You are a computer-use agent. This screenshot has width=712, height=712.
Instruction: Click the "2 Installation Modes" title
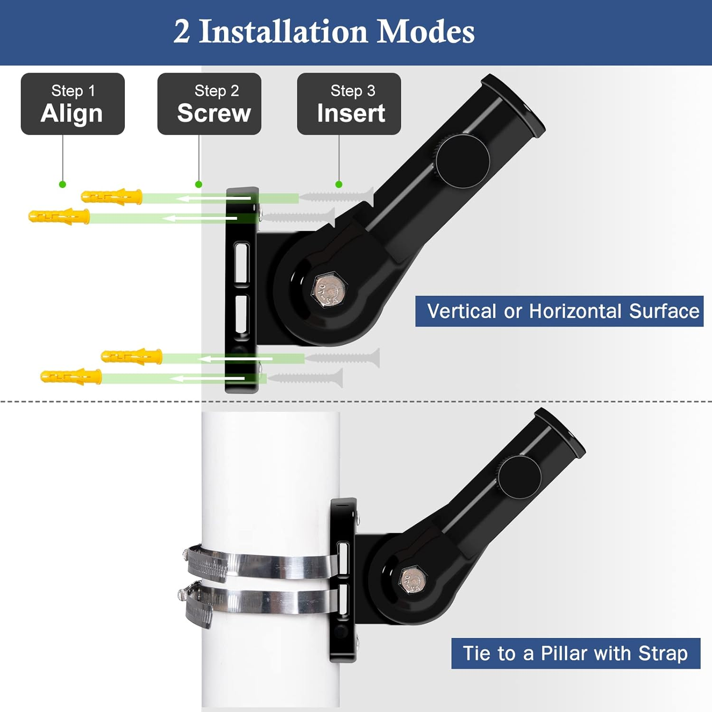coord(324,32)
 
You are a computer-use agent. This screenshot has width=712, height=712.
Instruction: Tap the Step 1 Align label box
coord(73,104)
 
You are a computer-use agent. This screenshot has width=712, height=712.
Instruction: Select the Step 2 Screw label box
coord(209,104)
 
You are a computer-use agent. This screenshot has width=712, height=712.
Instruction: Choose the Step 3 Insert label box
coord(349,104)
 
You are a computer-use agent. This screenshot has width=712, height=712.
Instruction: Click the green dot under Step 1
coord(62,184)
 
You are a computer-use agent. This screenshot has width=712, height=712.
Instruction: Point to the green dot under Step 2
coord(198,184)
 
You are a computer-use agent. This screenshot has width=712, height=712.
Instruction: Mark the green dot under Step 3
coord(338,184)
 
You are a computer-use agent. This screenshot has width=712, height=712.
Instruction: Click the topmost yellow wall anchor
coord(112,196)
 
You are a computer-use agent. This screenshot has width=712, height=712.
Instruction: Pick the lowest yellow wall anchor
coord(71,377)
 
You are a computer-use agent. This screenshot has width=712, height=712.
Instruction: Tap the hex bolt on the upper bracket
coord(329,290)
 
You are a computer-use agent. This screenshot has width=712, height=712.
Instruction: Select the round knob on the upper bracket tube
coord(462,160)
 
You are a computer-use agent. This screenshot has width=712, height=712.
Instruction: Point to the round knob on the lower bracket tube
coord(520,477)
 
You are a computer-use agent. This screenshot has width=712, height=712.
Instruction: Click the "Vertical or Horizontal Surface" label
coord(559,311)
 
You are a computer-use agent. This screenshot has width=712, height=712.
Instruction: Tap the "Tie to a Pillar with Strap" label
coord(575,654)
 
